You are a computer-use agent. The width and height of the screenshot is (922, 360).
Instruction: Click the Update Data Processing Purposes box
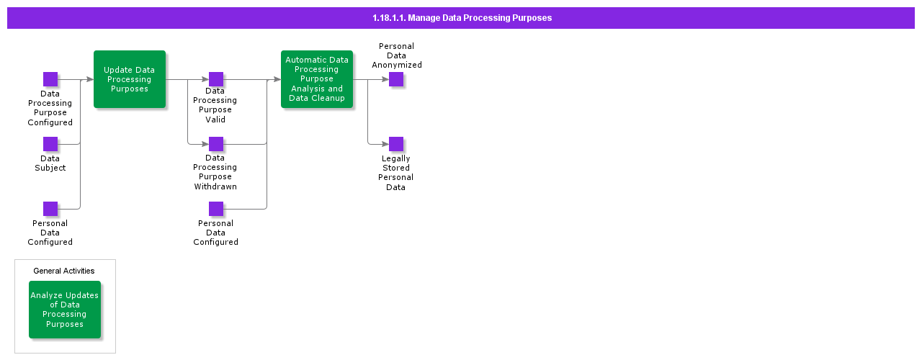pyautogui.click(x=130, y=79)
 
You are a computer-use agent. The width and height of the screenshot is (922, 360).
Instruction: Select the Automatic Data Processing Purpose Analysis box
pyautogui.click(x=317, y=79)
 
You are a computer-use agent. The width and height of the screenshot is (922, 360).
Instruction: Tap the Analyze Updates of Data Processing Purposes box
pyautogui.click(x=65, y=310)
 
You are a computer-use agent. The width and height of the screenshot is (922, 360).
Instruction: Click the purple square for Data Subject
pyautogui.click(x=50, y=144)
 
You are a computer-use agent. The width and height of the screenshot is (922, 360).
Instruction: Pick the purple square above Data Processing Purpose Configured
pyautogui.click(x=50, y=79)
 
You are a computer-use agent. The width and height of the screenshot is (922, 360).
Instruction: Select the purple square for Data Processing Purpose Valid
pyautogui.click(x=216, y=79)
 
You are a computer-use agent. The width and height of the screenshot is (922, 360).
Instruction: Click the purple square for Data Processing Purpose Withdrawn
pyautogui.click(x=216, y=144)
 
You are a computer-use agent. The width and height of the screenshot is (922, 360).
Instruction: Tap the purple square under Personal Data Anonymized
pyautogui.click(x=396, y=79)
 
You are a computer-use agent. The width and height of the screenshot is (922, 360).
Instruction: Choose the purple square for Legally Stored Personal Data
pyautogui.click(x=396, y=144)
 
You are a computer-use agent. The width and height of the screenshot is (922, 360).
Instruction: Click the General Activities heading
pyautogui.click(x=64, y=271)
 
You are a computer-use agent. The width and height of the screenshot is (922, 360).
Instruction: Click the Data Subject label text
pyautogui.click(x=50, y=163)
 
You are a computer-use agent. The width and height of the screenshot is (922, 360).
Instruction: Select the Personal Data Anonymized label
pyautogui.click(x=397, y=55)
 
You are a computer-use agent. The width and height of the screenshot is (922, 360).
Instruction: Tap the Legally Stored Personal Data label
pyautogui.click(x=396, y=173)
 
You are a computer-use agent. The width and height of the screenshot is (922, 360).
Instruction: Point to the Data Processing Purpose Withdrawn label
pyautogui.click(x=215, y=172)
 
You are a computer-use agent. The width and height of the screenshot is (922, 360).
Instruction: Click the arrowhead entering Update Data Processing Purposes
pyautogui.click(x=90, y=79)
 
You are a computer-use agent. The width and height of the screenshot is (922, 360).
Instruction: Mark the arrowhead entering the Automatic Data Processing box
pyautogui.click(x=277, y=79)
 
